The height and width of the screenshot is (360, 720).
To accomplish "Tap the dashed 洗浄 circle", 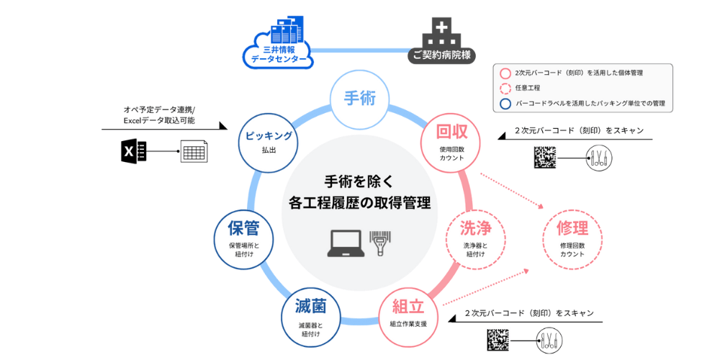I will pyautogui.click(x=476, y=238).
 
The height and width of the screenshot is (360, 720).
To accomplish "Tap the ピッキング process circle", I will pyautogui.click(x=268, y=141).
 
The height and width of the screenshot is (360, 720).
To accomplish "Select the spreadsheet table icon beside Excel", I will pyautogui.click(x=194, y=152).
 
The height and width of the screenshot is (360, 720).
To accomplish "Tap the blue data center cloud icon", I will pyautogui.click(x=277, y=45).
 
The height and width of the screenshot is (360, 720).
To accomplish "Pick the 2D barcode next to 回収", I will pyautogui.click(x=545, y=157).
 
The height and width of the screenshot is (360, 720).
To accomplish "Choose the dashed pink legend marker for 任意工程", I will pyautogui.click(x=505, y=89).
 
